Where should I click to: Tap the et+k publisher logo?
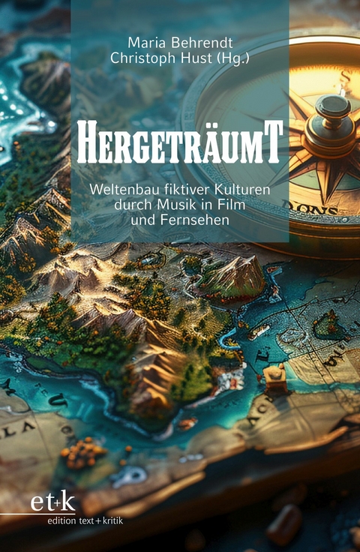pos(52,502)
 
